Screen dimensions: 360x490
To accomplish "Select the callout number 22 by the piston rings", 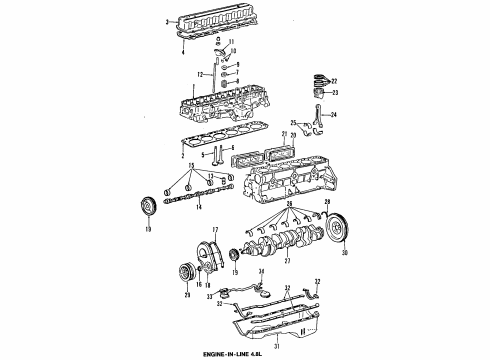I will [x=335, y=81].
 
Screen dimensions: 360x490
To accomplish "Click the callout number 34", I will [x=261, y=271].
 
